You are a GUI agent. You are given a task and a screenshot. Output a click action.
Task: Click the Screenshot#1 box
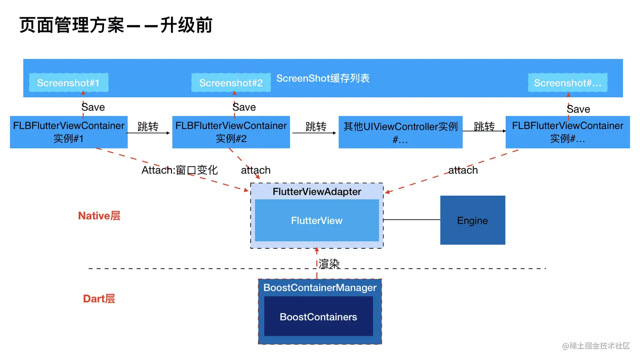69,82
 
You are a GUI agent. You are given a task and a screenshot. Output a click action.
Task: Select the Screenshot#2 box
231,82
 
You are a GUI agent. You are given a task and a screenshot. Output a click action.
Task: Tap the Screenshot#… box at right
567,82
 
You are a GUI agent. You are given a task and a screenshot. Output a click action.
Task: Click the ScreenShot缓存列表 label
323,78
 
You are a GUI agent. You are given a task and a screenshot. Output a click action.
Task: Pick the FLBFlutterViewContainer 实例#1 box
69,132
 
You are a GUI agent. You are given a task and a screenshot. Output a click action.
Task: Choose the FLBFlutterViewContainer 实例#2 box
231,132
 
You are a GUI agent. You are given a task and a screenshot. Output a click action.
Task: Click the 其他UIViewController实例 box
400,132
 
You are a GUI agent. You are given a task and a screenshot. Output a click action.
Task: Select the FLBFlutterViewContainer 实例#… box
567,132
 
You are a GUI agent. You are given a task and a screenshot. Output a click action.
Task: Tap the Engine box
472,220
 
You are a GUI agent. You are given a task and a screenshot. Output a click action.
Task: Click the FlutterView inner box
317,220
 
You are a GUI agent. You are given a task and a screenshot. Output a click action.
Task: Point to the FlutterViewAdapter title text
317,192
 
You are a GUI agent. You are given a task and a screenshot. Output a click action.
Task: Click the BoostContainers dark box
318,316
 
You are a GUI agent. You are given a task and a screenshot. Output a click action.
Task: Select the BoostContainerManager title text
320,288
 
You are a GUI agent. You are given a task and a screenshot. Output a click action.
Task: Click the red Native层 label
99,216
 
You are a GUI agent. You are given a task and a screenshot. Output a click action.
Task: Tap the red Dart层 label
99,299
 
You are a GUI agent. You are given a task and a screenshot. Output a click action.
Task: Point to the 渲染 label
329,264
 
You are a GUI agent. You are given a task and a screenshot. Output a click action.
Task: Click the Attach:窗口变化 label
179,170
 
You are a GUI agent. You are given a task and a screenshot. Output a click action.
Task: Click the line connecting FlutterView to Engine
411,220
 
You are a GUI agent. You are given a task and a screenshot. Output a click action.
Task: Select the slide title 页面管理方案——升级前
116,25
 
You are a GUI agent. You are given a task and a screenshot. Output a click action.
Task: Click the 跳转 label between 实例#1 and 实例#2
148,126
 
